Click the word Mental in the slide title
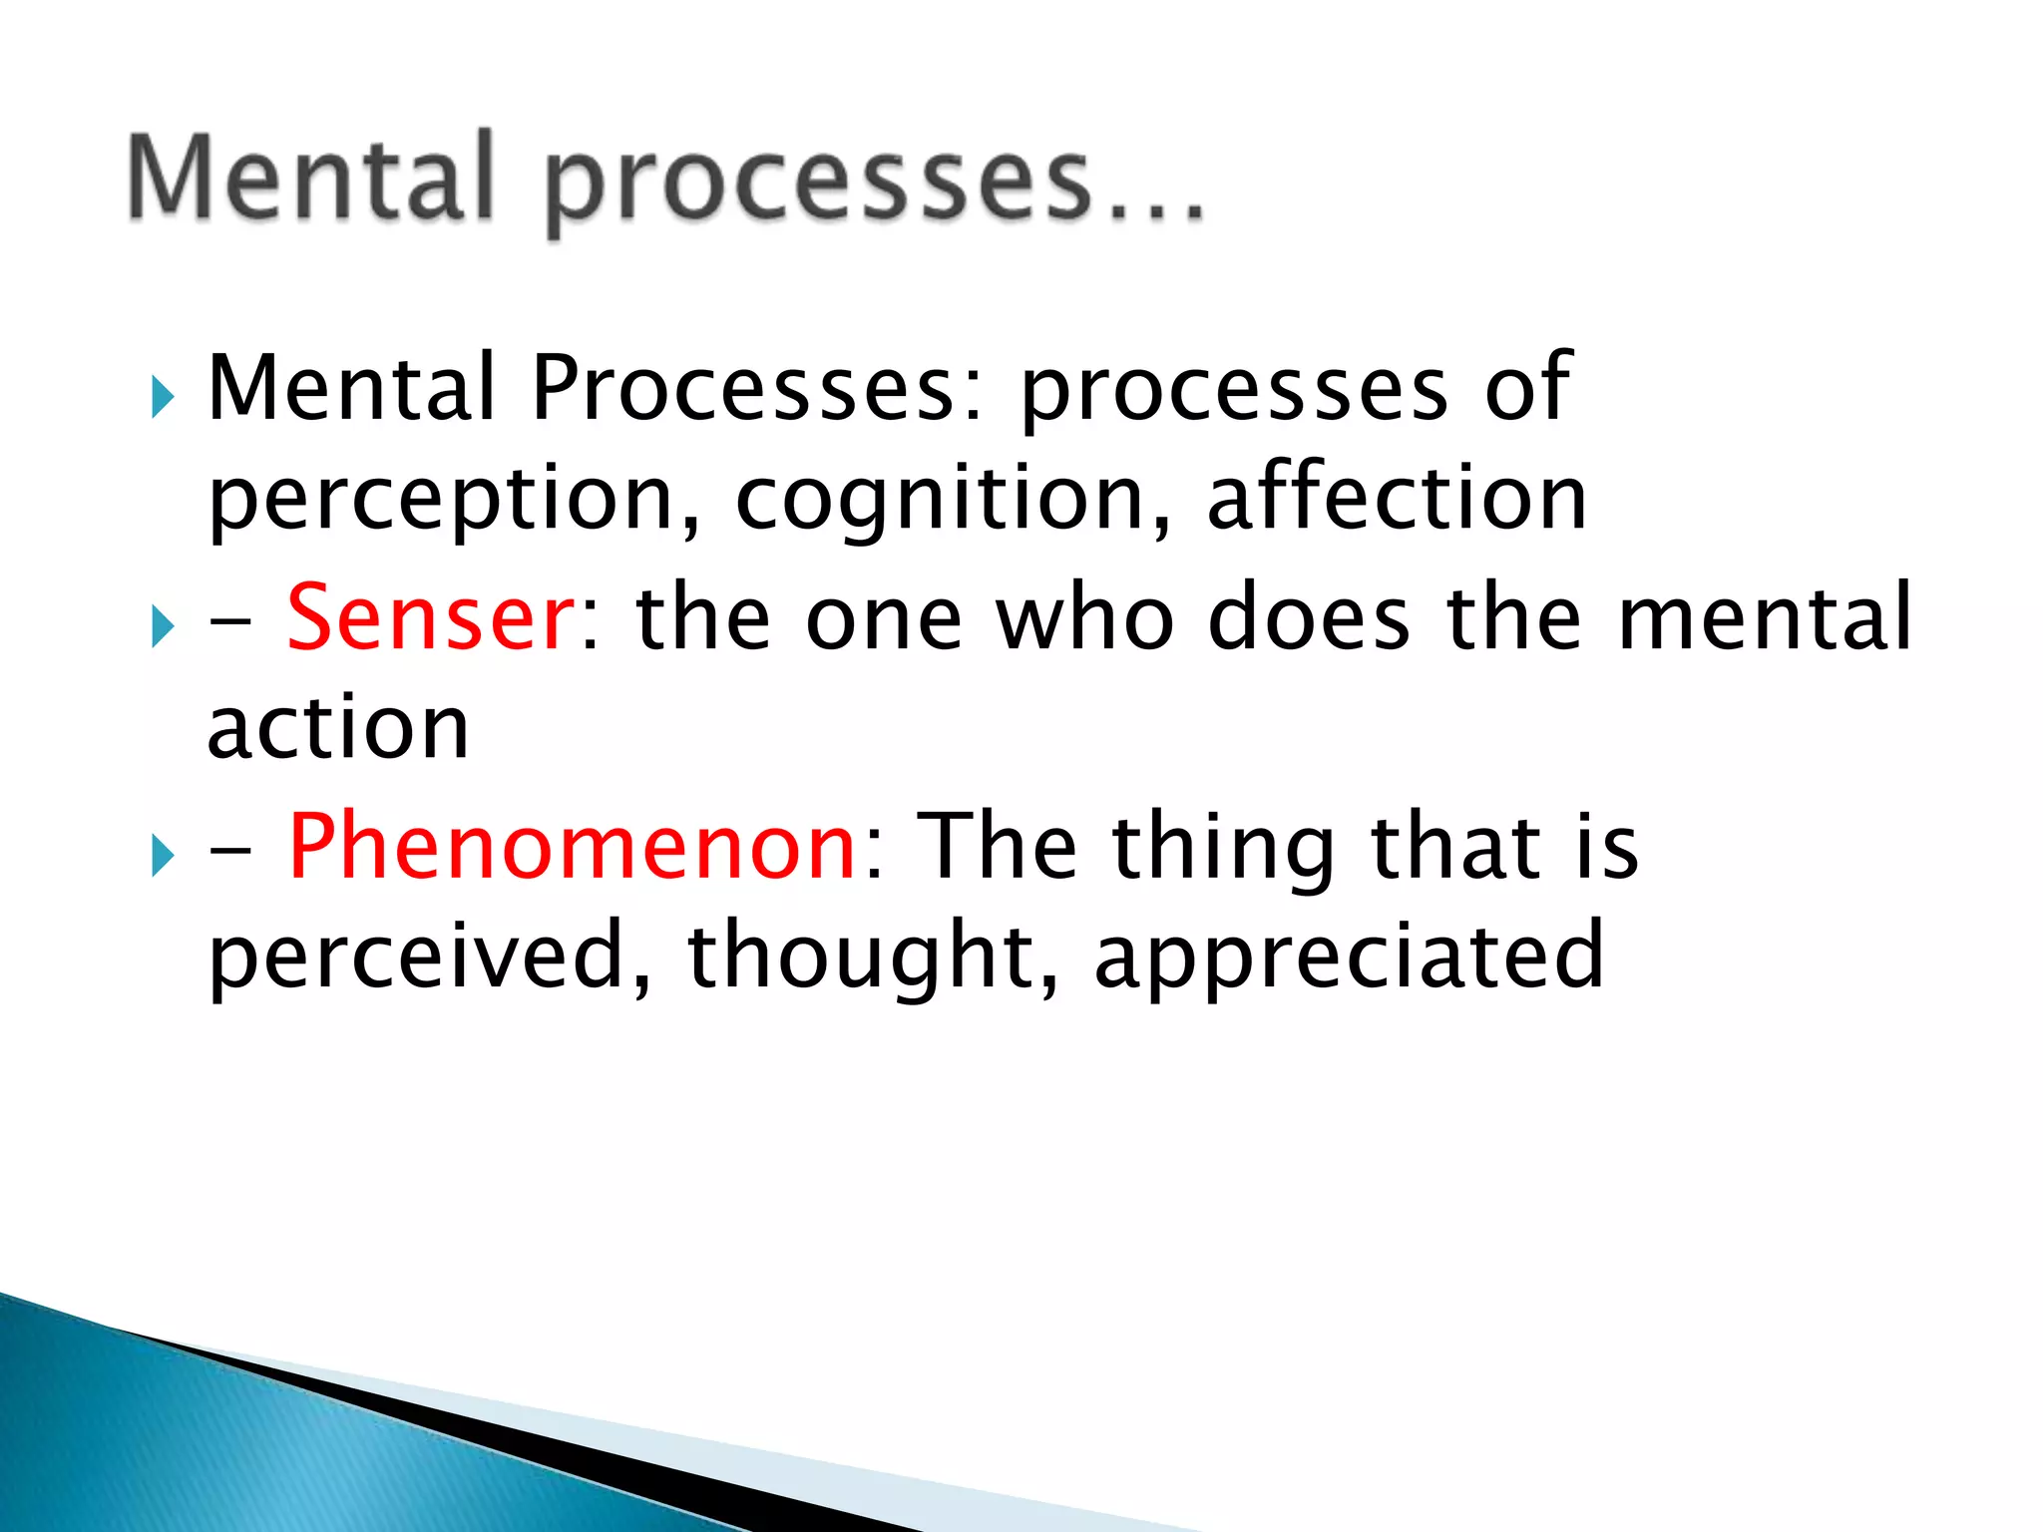click(311, 178)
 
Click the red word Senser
click(430, 618)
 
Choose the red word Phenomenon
click(572, 847)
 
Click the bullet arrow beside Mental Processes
click(163, 398)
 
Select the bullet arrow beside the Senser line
click(163, 627)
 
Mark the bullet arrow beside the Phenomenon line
click(163, 857)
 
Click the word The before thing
click(997, 847)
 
